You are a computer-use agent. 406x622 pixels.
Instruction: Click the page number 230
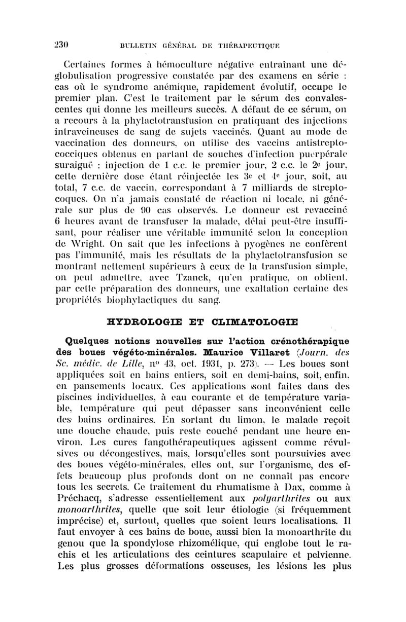point(61,44)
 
